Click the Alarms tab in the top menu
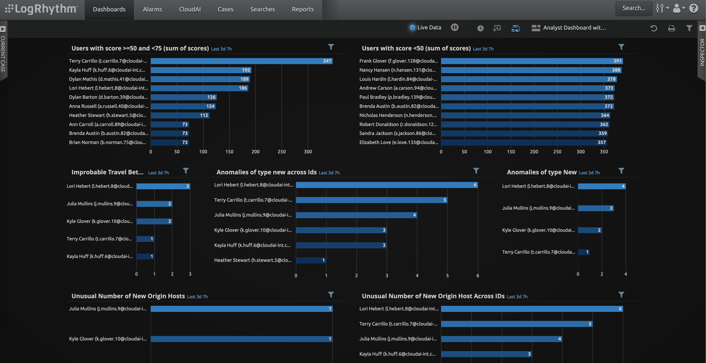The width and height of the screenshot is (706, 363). tap(152, 9)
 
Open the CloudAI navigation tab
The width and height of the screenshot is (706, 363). tap(190, 9)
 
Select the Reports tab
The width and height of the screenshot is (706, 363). tap(303, 9)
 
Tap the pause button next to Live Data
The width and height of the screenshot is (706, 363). tap(454, 27)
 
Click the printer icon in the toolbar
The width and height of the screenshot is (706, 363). tap(671, 28)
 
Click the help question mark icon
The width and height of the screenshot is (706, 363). tap(693, 8)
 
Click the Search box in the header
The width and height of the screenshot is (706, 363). tap(634, 8)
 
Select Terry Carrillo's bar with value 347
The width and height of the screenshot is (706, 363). tap(241, 61)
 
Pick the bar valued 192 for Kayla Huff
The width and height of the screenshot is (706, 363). tap(201, 70)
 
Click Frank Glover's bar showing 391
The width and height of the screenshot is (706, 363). tap(532, 61)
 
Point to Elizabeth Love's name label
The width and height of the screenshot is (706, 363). tap(399, 142)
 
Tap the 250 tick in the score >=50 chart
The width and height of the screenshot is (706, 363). tap(281, 151)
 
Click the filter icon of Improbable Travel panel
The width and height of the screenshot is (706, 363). tap(185, 171)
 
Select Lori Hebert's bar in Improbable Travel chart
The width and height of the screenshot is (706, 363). tap(163, 186)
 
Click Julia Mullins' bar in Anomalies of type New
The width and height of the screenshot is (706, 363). tap(595, 208)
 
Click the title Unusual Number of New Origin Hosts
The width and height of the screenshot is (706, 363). tap(128, 296)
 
